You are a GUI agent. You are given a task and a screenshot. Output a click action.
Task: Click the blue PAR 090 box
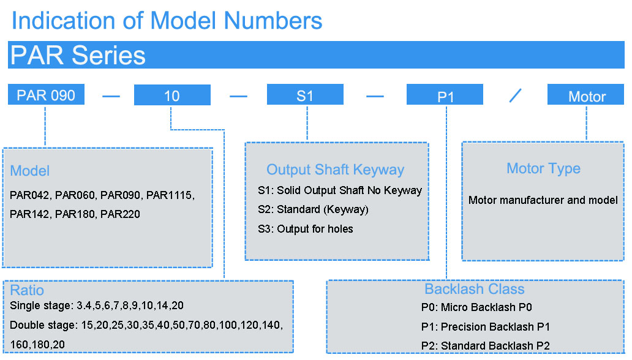pyautogui.click(x=46, y=94)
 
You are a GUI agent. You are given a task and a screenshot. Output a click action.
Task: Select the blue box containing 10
pyautogui.click(x=172, y=95)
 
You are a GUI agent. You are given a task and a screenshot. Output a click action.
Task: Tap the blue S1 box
pyautogui.click(x=305, y=94)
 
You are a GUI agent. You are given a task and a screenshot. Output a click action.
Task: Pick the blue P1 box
pyautogui.click(x=445, y=94)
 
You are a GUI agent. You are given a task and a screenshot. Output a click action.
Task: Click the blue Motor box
pyautogui.click(x=585, y=94)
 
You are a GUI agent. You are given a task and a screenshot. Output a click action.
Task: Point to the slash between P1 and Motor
pyautogui.click(x=515, y=96)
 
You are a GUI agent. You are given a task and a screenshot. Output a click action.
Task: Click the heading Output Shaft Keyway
pyautogui.click(x=336, y=170)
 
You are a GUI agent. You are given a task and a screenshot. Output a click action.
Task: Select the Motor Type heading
pyautogui.click(x=543, y=168)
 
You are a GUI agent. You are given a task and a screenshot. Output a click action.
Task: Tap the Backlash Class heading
pyautogui.click(x=475, y=288)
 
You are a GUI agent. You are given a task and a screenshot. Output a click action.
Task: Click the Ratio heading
pyautogui.click(x=27, y=290)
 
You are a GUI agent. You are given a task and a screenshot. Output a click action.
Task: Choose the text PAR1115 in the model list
pyautogui.click(x=170, y=195)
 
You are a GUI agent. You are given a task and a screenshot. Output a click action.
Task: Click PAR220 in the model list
pyautogui.click(x=120, y=214)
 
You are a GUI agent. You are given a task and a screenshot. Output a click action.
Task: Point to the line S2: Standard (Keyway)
pyautogui.click(x=313, y=209)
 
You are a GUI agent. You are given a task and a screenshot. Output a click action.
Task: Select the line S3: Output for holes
pyautogui.click(x=306, y=229)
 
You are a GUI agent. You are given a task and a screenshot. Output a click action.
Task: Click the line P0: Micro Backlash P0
pyautogui.click(x=476, y=307)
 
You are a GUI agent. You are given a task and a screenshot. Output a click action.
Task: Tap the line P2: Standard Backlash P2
pyautogui.click(x=485, y=345)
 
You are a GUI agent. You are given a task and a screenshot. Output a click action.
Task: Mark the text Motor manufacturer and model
pyautogui.click(x=543, y=200)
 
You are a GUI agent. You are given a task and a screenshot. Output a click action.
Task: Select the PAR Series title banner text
pyautogui.click(x=78, y=55)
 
